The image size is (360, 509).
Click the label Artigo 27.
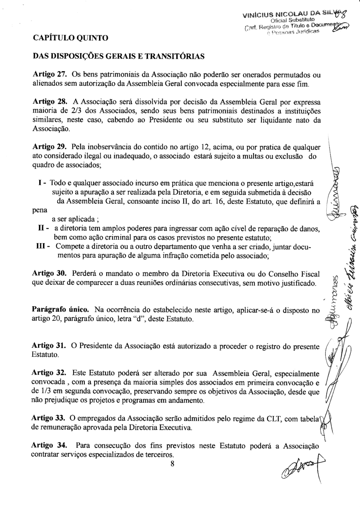pos(50,75)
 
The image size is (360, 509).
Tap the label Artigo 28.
pos(50,102)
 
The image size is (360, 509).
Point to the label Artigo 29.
pos(50,148)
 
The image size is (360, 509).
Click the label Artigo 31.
pos(50,346)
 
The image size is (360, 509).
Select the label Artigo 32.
pos(50,373)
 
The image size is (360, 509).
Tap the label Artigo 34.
pos(50,446)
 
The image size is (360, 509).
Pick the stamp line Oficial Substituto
pos(292,19)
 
